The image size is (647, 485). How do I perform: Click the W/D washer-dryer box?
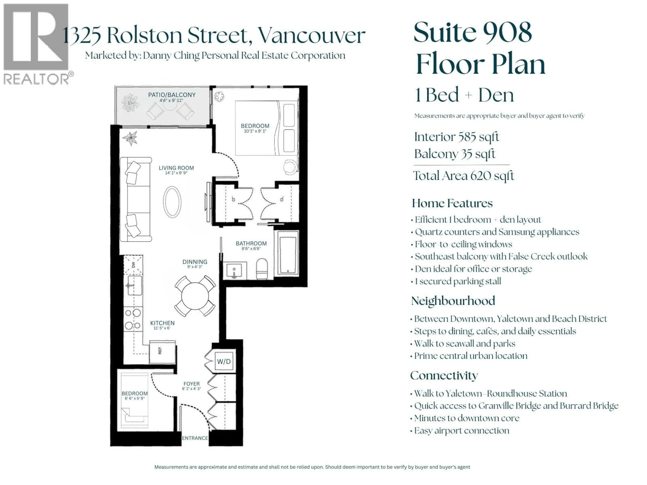click(224, 361)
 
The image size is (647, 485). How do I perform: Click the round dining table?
click(195, 296)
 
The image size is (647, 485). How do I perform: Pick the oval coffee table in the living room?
click(172, 202)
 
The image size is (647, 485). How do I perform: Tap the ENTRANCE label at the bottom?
click(195, 438)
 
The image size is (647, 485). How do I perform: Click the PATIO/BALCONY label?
click(172, 95)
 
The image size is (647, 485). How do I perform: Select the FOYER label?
click(192, 384)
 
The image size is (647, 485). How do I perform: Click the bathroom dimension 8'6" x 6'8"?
click(251, 249)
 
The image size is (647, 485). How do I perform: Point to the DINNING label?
click(195, 262)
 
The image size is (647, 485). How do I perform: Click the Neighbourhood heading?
click(453, 301)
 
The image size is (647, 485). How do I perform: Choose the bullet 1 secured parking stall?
click(458, 281)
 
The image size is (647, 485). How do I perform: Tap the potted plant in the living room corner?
click(130, 138)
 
